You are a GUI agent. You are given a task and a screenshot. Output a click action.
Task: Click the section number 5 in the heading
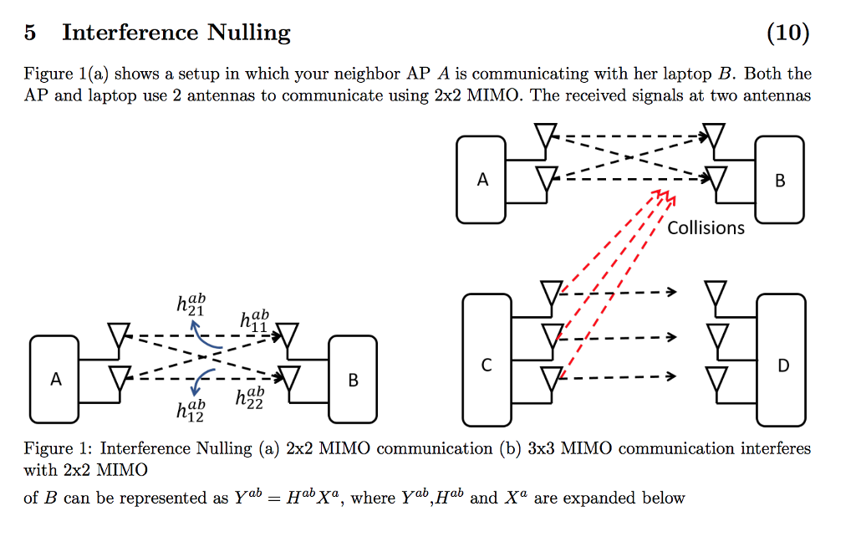(x=30, y=33)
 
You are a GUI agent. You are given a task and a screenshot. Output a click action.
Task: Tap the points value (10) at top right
(x=787, y=33)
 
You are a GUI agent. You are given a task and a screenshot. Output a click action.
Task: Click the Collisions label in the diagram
(x=706, y=228)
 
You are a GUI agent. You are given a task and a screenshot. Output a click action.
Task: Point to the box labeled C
(x=487, y=366)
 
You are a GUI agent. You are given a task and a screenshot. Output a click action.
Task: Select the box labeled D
(x=782, y=366)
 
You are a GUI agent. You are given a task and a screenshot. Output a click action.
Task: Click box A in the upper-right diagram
(x=481, y=180)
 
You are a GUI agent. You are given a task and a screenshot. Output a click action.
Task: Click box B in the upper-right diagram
(x=779, y=180)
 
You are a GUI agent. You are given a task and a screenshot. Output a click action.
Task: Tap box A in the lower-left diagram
(x=55, y=379)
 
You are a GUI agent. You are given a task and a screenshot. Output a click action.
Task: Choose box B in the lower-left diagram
(x=353, y=379)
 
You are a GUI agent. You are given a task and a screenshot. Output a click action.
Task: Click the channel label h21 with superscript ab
(x=190, y=304)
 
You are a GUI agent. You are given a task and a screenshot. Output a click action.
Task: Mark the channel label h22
(x=250, y=397)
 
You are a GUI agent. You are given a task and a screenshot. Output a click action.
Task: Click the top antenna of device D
(x=716, y=294)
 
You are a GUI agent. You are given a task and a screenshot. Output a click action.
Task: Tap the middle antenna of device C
(x=550, y=336)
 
